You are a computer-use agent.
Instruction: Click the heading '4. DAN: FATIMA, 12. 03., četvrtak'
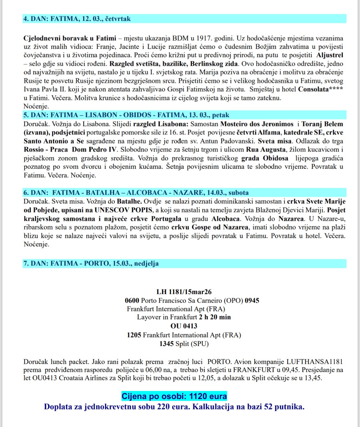pos(77,19)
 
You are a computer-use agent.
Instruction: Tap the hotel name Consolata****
pos(320,89)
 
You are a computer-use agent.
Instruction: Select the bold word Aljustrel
pos(329,55)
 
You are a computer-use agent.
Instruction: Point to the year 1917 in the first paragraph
pos(204,38)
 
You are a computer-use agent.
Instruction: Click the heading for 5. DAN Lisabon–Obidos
pos(126,115)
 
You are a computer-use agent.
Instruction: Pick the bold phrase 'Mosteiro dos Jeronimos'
pos(257,124)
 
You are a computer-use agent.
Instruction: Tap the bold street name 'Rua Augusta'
pos(266,150)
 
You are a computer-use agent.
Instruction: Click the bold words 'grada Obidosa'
pos(265,158)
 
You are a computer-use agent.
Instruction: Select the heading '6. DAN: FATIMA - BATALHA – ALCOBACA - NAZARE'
pos(136,193)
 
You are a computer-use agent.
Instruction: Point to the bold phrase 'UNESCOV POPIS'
pos(123,210)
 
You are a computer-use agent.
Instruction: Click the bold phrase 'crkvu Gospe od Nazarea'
pos(210,227)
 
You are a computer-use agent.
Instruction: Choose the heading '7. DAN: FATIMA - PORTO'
pos(91,263)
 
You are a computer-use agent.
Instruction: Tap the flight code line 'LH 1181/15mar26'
pos(184,292)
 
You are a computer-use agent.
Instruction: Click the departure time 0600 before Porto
pos(132,300)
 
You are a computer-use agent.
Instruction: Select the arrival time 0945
pos(252,300)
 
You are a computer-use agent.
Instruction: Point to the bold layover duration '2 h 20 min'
pos(215,317)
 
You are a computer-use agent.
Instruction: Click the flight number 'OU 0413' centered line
pos(184,326)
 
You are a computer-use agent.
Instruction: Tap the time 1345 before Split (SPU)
pos(167,343)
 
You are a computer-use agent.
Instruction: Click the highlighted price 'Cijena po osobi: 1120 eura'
pos(174,396)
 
